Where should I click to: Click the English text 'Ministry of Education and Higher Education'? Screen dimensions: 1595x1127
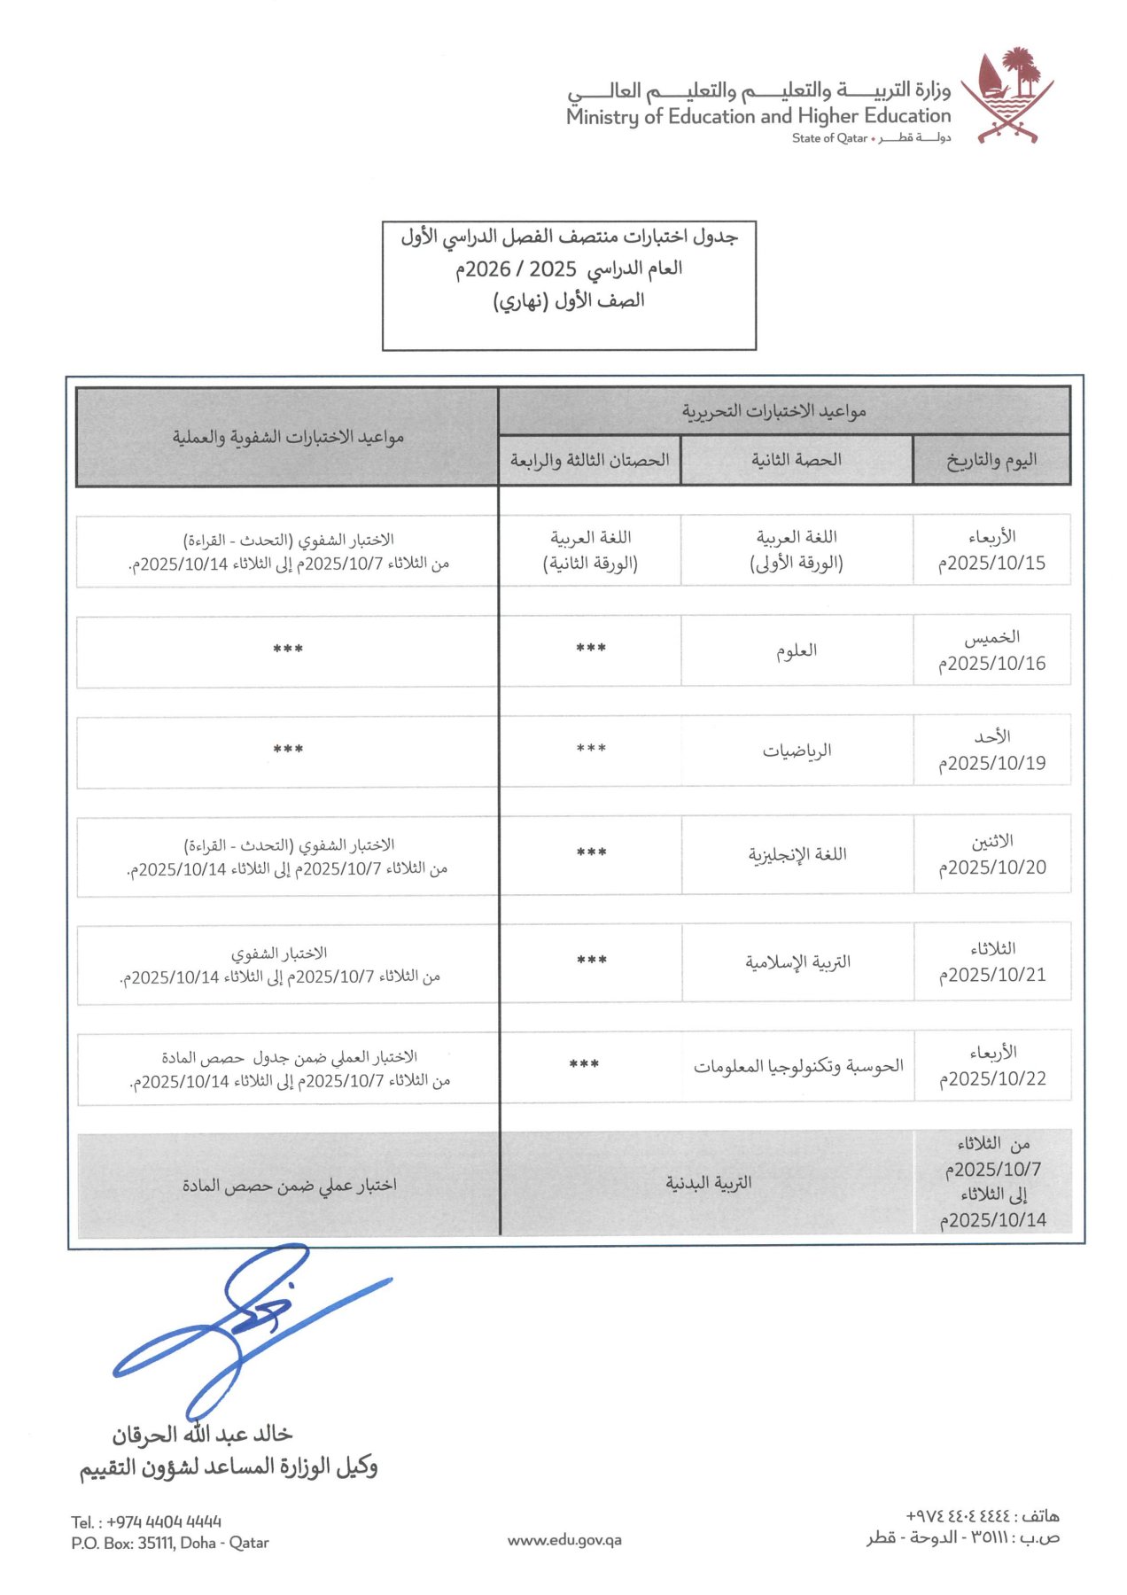click(x=758, y=116)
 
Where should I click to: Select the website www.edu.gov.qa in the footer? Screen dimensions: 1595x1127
click(x=564, y=1540)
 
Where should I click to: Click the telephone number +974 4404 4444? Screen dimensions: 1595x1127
click(x=146, y=1521)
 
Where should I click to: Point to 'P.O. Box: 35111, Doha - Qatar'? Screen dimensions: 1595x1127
click(x=169, y=1543)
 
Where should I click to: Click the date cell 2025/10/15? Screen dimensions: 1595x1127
click(x=991, y=550)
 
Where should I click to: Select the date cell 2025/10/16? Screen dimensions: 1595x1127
click(x=991, y=650)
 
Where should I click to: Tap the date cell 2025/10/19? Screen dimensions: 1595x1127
click(x=991, y=751)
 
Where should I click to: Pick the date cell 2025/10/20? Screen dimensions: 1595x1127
click(x=992, y=854)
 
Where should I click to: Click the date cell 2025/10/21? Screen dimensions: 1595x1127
click(x=992, y=962)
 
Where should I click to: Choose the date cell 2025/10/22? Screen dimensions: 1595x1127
click(x=992, y=1066)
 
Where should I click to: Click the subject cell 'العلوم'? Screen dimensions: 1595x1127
click(x=797, y=651)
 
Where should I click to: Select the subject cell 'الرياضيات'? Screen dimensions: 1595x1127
click(x=797, y=751)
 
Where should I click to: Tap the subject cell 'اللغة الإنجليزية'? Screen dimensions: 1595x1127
click(x=797, y=854)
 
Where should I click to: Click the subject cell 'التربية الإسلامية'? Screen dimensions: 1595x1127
click(x=797, y=962)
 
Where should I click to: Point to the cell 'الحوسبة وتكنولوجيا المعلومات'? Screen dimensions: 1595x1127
click(x=797, y=1066)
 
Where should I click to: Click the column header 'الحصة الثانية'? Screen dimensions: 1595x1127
click(x=796, y=460)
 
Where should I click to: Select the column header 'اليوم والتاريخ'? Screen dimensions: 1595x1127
click(x=991, y=460)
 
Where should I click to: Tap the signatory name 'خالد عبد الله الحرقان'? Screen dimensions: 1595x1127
click(x=202, y=1434)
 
